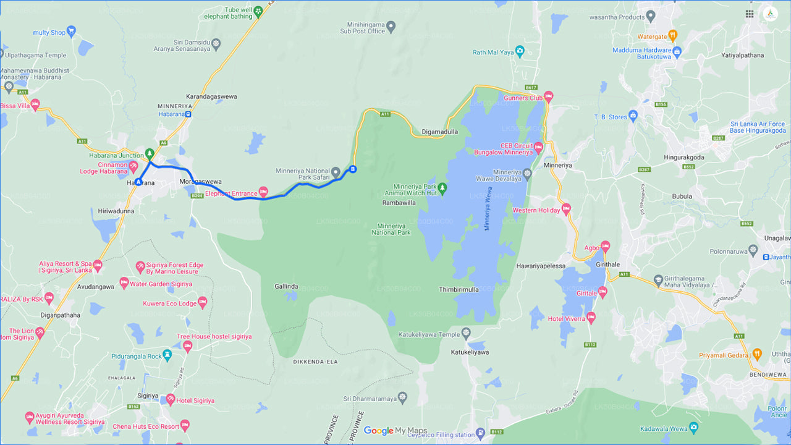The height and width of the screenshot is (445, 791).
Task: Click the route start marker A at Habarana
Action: coord(138,182)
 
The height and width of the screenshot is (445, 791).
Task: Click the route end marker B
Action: coord(353,169)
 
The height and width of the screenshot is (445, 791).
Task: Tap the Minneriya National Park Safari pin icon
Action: coord(336,171)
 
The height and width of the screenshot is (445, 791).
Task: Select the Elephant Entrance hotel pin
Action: coord(264,191)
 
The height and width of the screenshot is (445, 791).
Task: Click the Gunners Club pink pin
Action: coord(548,97)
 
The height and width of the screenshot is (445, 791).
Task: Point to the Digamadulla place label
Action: coord(439,132)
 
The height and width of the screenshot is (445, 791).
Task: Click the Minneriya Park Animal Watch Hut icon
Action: coord(442,187)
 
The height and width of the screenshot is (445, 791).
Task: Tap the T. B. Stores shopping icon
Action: coord(633,116)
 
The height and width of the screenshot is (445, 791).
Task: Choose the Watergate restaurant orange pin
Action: coord(673,35)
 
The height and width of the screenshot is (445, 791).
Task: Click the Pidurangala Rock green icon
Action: coord(167,357)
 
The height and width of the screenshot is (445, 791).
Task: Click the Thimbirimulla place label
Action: coord(459,289)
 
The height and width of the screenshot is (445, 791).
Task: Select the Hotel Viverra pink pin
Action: coord(591,318)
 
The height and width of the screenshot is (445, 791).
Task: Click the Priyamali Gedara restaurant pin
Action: coord(758,354)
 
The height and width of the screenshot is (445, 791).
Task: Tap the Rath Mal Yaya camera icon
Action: coord(521,51)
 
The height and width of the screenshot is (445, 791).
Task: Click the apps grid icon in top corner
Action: coord(750,14)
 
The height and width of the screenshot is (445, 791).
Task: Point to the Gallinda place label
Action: coord(287,286)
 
